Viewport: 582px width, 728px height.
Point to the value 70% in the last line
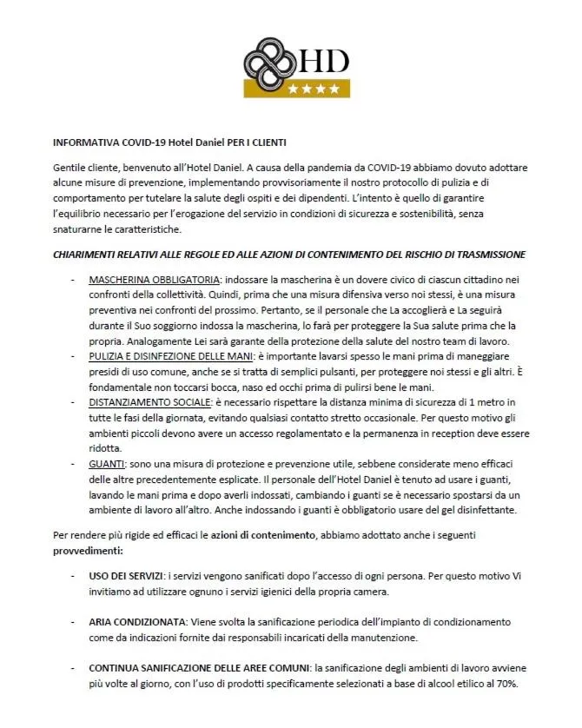point(507,685)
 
